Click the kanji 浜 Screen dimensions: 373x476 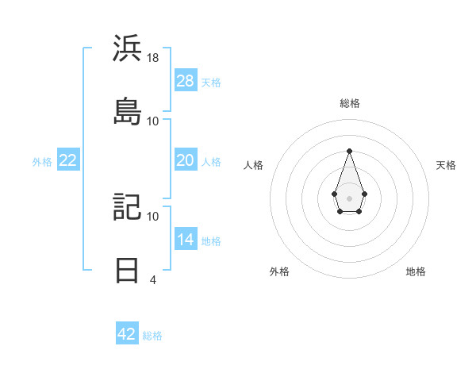[x=127, y=48]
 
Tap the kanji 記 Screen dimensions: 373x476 [x=127, y=206]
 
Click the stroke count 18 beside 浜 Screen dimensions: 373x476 [x=153, y=58]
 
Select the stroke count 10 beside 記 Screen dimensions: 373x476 [x=153, y=216]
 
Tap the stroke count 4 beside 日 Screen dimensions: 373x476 [x=153, y=279]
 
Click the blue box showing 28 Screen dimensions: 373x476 [x=186, y=81]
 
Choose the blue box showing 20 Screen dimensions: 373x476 [x=186, y=160]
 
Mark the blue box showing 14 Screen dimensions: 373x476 [x=186, y=240]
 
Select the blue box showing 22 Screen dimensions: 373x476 [x=68, y=160]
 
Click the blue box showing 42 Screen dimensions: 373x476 [x=127, y=334]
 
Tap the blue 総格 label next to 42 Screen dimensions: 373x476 [x=152, y=335]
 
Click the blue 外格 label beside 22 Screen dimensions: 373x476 [x=42, y=161]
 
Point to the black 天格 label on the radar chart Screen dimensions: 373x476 [x=446, y=165]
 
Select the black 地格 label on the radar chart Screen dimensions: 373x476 [x=416, y=271]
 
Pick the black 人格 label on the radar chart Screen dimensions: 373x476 [x=254, y=165]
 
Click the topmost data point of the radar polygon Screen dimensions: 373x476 [x=349, y=151]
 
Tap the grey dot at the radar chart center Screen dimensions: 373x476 [x=349, y=198]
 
